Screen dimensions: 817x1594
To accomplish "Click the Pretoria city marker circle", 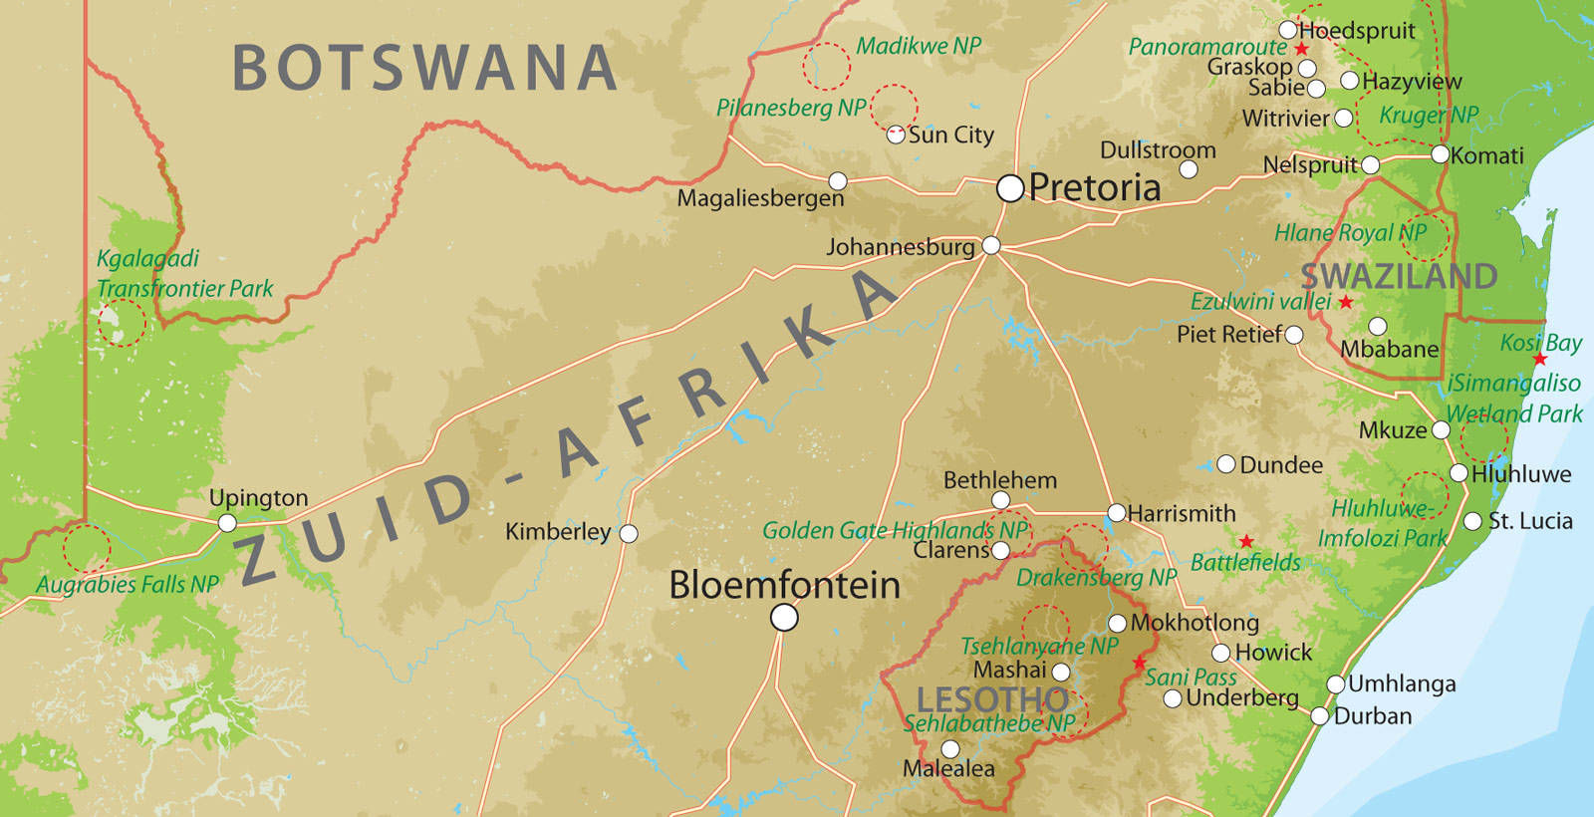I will point(1010,188).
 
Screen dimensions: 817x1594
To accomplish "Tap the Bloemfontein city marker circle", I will point(784,618).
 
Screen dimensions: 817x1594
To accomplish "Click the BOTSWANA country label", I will point(424,68).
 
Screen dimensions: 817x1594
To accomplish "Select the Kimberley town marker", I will point(629,534).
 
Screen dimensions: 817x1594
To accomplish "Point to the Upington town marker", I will point(227,523).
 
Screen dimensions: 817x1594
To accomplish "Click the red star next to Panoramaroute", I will point(1301,48).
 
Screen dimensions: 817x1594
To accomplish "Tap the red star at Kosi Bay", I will point(1540,359).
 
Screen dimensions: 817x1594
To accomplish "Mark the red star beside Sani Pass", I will point(1140,663).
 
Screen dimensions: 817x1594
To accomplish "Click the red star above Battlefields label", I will point(1246,541).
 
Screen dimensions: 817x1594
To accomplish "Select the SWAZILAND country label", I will point(1399,276).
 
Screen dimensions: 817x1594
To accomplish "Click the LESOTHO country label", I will point(992,699).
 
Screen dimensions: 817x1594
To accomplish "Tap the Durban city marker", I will point(1320,715).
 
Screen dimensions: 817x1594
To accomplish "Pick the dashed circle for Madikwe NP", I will point(826,66).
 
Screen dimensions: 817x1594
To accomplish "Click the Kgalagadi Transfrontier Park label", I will point(183,274).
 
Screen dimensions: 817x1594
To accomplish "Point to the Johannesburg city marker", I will point(991,245).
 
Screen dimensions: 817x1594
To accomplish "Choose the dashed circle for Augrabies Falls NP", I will point(86,548).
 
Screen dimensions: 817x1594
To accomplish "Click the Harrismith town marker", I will point(1117,513).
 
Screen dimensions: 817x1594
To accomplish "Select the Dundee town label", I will point(1281,465).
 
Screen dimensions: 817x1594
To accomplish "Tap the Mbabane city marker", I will point(1378,327).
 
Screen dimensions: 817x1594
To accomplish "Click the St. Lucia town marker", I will point(1473,521).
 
